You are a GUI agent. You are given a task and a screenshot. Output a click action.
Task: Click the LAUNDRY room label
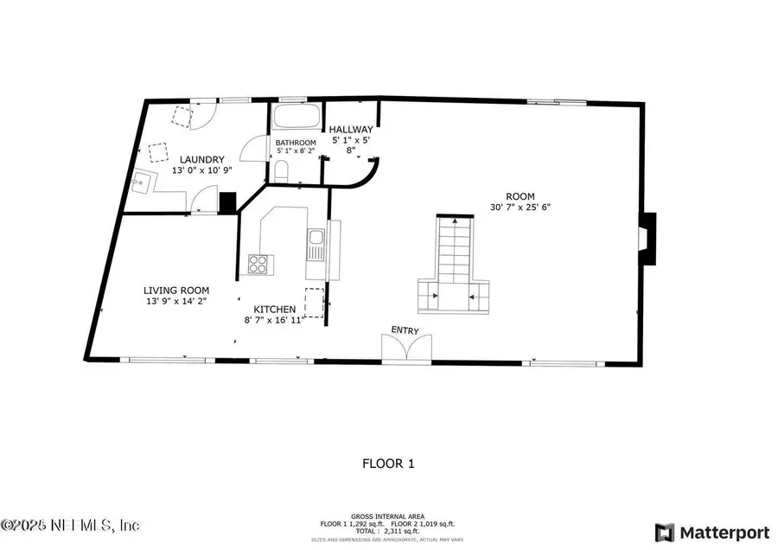pyautogui.click(x=202, y=159)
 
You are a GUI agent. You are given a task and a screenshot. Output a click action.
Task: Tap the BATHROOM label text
pyautogui.click(x=297, y=143)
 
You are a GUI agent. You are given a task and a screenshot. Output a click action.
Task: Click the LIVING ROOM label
pyautogui.click(x=176, y=291)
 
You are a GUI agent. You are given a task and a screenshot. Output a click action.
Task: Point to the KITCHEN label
pyautogui.click(x=275, y=309)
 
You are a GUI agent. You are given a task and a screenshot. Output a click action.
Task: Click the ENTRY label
pyautogui.click(x=405, y=329)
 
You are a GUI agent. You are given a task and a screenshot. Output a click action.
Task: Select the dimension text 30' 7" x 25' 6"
pyautogui.click(x=520, y=207)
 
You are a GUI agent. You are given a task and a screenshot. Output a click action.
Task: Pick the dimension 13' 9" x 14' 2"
pyautogui.click(x=176, y=301)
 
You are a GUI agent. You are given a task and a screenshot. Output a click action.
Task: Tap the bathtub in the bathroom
pyautogui.click(x=297, y=118)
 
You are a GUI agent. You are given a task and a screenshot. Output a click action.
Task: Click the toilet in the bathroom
pyautogui.click(x=281, y=170)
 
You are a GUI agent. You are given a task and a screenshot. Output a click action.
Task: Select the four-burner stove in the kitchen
pyautogui.click(x=258, y=264)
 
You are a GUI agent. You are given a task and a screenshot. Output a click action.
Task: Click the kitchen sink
pyautogui.click(x=316, y=237)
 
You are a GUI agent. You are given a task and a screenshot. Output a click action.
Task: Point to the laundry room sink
pyautogui.click(x=143, y=182)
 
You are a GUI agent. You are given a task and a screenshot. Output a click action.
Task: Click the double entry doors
pyautogui.click(x=405, y=349)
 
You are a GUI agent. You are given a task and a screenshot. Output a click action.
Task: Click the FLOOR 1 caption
pyautogui.click(x=388, y=464)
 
